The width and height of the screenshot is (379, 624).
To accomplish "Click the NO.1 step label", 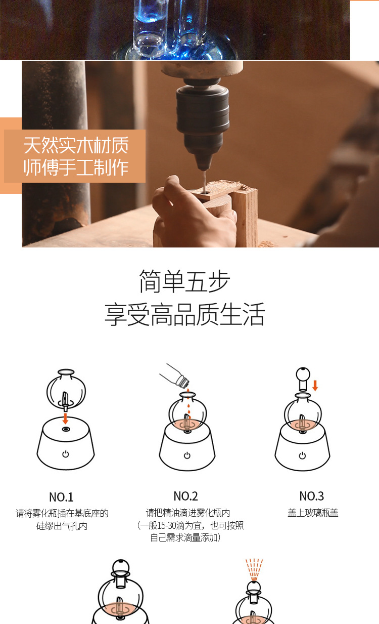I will tap(61, 497).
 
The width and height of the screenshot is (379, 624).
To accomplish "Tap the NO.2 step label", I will tap(185, 496).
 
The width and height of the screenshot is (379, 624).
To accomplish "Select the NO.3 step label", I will tap(312, 496).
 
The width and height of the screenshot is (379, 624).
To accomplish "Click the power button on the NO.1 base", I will tap(66, 454).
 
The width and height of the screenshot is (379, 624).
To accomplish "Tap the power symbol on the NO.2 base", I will tap(187, 455).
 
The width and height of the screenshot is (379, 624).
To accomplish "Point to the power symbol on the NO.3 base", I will tap(302, 455).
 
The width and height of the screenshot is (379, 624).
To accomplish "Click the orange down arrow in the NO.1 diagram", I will tap(65, 419).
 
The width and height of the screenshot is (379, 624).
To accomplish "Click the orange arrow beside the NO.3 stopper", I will tap(315, 386).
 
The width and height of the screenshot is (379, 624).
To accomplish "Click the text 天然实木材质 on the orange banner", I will tap(76, 146).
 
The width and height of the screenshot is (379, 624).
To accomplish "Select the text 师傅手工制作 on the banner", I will tap(76, 168).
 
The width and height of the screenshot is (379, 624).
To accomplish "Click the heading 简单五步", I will tap(184, 282).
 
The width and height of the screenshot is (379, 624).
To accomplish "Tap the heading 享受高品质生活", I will tap(184, 314).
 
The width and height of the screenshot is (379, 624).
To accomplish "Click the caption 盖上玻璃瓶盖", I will tap(313, 513).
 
